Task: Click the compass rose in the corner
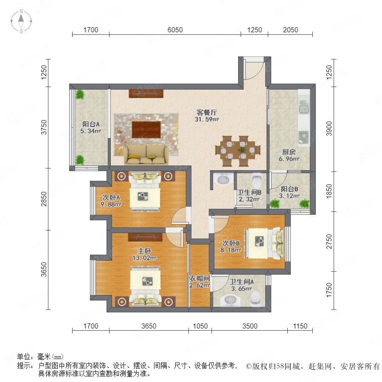(x=21, y=21)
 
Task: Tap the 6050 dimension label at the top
(x=175, y=30)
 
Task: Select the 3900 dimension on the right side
(x=329, y=129)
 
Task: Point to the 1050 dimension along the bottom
(x=200, y=326)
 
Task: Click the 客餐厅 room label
(x=207, y=112)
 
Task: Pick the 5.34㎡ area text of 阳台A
(x=91, y=131)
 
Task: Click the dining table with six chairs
(x=238, y=151)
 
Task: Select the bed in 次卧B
(x=264, y=243)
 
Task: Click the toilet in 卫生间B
(x=256, y=180)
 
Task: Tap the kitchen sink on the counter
(x=304, y=107)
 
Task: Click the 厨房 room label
(x=289, y=152)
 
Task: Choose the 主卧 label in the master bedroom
(x=144, y=251)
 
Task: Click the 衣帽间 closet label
(x=199, y=278)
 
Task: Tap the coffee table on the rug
(x=146, y=129)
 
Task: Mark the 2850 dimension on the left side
(x=44, y=199)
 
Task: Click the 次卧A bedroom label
(x=111, y=197)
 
